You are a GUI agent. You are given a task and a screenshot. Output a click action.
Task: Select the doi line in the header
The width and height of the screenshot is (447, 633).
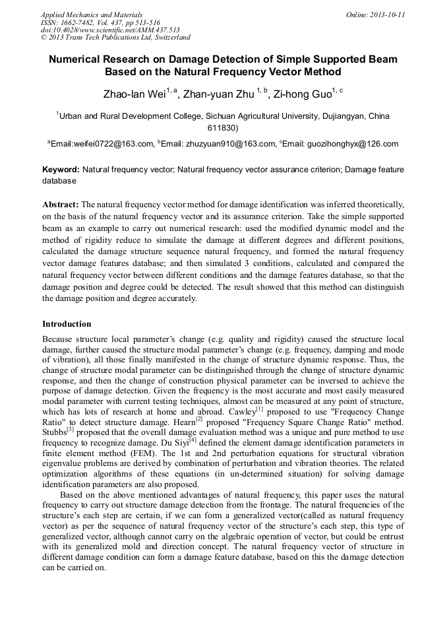(110, 30)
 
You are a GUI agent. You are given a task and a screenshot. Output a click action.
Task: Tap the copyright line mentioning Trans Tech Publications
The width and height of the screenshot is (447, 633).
(115, 38)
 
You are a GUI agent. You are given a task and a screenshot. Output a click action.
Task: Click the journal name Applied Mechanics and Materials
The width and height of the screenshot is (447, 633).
(92, 15)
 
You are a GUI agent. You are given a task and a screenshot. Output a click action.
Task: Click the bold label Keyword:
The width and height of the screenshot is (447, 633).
(61, 170)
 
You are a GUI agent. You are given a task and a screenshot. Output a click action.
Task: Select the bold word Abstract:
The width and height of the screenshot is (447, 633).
(61, 205)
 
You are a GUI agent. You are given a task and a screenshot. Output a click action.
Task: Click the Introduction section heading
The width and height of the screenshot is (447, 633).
(67, 324)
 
